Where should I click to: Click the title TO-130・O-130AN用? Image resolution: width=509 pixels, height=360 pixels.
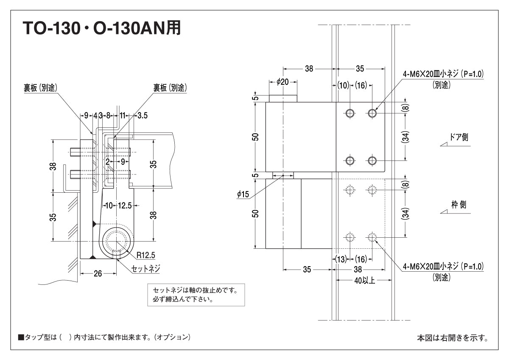[x=102, y=28]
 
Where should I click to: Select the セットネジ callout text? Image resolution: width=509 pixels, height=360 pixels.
[x=146, y=268]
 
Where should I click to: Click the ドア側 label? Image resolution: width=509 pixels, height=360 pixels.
[x=459, y=138]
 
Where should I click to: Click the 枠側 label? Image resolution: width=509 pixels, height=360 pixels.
[x=459, y=205]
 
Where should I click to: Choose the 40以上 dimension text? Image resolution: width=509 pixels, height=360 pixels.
[x=364, y=281]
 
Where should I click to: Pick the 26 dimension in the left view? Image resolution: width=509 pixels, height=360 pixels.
[x=98, y=274]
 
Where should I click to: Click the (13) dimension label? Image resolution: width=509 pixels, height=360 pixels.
[x=341, y=259]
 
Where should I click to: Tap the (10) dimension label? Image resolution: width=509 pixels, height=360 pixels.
[x=343, y=85]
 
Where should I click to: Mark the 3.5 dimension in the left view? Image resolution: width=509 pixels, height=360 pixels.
[x=143, y=115]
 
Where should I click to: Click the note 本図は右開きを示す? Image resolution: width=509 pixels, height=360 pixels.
[x=452, y=338]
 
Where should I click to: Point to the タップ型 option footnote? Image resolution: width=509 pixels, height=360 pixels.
[x=104, y=337]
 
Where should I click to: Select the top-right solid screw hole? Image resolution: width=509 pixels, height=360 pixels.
[x=372, y=113]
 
